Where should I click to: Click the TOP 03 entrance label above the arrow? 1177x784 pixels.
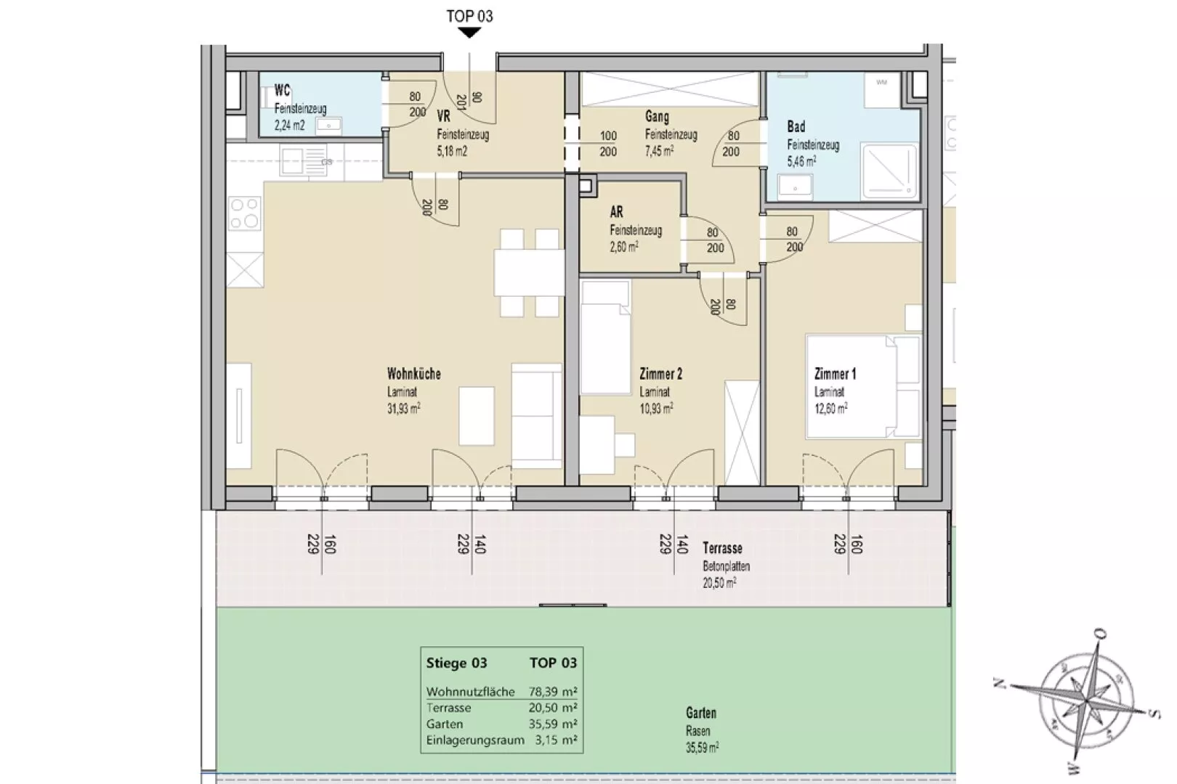pos(470,16)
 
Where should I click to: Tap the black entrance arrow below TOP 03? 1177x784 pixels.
pos(470,33)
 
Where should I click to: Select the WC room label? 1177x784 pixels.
pos(282,90)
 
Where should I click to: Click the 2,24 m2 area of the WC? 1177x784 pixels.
pos(289,126)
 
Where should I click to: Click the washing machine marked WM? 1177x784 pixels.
pos(883,90)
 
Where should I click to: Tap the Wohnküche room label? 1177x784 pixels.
pos(413,374)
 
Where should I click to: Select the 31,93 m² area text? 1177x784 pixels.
pos(403,408)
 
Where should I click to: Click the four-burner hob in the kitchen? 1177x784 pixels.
pos(244,213)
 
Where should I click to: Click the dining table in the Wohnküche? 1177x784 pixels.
pos(529,273)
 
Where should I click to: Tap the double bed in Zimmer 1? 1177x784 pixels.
pos(863,386)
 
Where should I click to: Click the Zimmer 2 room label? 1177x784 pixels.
pos(660,374)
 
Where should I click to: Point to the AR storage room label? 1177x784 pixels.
pos(616,212)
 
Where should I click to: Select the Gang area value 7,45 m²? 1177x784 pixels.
pos(660,151)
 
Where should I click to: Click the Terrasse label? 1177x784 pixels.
pos(722,548)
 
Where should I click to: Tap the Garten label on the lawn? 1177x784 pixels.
pos(701,713)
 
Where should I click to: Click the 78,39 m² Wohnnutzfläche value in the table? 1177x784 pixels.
pos(553,692)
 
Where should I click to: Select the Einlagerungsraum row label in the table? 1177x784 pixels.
pos(476,740)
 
